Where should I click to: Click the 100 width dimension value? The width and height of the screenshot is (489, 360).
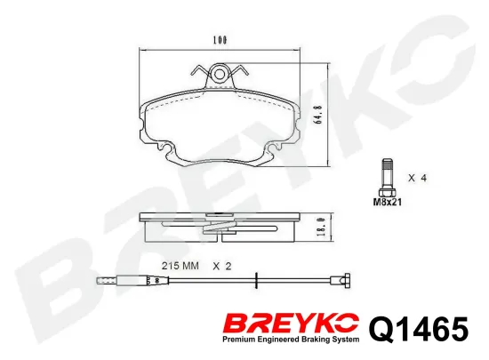(220, 40)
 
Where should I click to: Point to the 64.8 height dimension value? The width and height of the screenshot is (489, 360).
(318, 115)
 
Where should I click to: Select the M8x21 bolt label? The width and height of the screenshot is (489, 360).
(388, 202)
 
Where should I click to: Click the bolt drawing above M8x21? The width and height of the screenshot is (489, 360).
(387, 177)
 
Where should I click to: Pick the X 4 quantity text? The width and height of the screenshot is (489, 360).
(417, 178)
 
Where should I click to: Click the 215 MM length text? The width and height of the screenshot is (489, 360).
(180, 266)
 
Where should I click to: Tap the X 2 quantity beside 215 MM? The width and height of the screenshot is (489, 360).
(222, 266)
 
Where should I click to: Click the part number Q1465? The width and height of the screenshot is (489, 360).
(419, 328)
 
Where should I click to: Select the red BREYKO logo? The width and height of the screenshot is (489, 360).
(291, 324)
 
